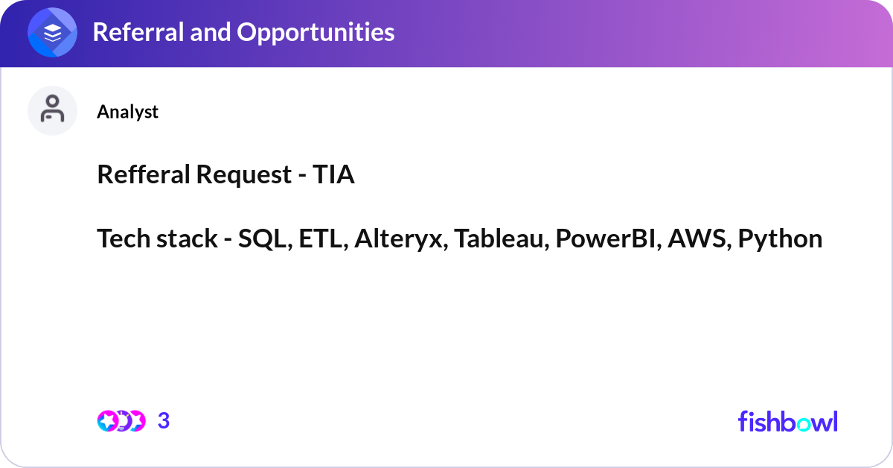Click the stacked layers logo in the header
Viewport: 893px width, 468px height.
(53, 32)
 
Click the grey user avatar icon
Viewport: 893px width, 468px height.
(53, 110)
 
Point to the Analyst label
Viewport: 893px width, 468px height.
(127, 112)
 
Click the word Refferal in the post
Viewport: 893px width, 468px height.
(142, 175)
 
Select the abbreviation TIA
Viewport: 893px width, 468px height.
(332, 175)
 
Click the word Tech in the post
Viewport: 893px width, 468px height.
(121, 239)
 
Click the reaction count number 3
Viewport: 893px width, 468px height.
(164, 421)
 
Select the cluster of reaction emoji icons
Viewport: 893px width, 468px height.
(121, 421)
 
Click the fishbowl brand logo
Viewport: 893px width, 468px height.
(787, 421)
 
